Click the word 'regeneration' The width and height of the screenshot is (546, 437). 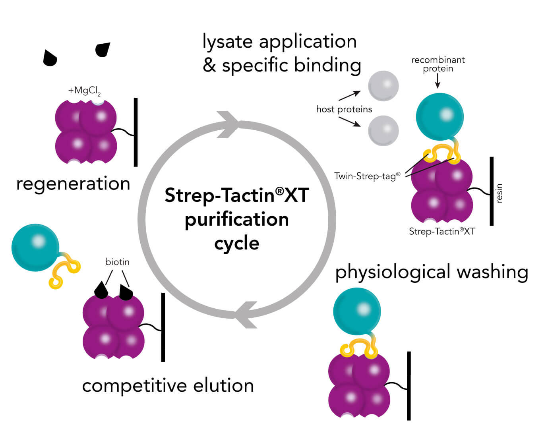click(73, 184)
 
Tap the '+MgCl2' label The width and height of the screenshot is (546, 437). click(84, 91)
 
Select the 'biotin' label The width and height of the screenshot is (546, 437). click(117, 262)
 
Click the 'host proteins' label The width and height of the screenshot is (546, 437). click(344, 109)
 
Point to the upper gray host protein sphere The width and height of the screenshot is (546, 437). click(383, 86)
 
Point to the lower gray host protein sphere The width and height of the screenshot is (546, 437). click(383, 130)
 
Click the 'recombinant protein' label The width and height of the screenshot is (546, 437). click(438, 64)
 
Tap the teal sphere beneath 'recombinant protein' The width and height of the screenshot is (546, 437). click(440, 117)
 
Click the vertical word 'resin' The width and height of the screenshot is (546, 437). click(499, 193)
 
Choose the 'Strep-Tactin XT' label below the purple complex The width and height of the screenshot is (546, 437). click(442, 232)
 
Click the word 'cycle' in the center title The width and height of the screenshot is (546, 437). click(237, 244)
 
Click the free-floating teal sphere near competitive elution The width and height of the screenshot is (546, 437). click(35, 247)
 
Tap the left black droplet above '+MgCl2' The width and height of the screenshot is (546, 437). click(50, 58)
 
